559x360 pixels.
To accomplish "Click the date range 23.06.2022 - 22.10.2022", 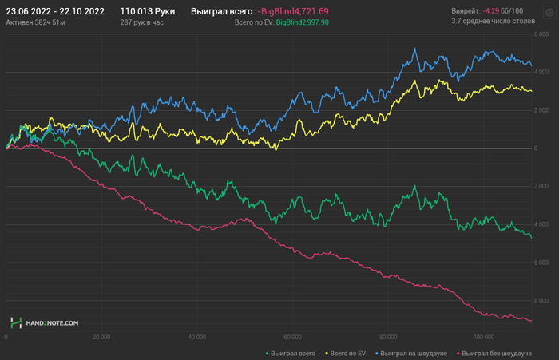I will tap(56, 11).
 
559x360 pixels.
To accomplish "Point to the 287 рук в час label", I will tap(142, 23).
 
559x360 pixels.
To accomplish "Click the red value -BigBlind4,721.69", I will tap(293, 12).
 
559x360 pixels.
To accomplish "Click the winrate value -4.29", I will tap(492, 11).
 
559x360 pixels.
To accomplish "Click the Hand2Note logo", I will tap(45, 323).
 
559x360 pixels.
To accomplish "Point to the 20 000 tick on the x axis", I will tap(101, 337).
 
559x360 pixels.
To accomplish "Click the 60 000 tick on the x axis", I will tap(291, 337).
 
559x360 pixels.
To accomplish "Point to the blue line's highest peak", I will tap(415, 49).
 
